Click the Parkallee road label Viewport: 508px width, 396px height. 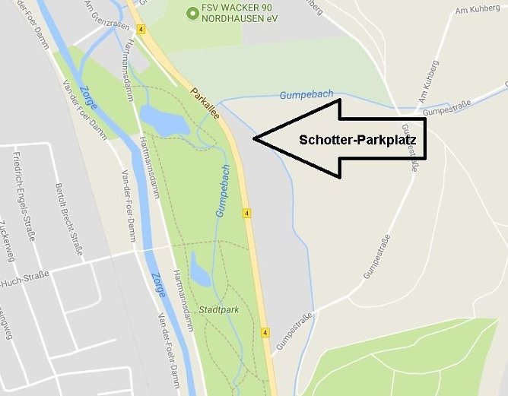tap(205, 104)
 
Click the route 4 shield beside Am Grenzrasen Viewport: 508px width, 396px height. tap(141, 30)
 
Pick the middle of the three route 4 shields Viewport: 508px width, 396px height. tap(247, 214)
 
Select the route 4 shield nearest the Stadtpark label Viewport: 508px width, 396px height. tap(265, 332)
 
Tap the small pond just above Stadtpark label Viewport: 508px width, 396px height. tap(199, 269)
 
